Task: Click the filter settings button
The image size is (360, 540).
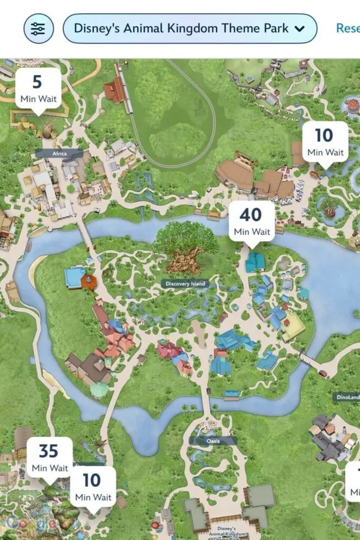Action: coord(38,28)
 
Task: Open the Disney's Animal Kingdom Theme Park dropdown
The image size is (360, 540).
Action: coord(189,28)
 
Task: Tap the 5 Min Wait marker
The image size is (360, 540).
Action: coord(38,89)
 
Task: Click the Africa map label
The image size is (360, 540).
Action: coord(59,153)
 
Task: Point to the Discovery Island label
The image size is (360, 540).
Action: coord(184,284)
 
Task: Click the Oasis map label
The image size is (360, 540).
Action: coord(213,440)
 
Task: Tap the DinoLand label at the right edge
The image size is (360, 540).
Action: coord(347,397)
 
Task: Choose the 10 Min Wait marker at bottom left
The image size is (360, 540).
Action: coord(93,487)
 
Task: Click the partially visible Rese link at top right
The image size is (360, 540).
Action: coord(348,28)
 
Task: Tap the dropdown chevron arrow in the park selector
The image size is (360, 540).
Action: coord(299,29)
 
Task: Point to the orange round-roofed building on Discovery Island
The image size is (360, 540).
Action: coord(89,282)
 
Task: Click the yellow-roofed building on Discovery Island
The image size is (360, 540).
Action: coord(293,328)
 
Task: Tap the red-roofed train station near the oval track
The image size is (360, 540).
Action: coord(115,91)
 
